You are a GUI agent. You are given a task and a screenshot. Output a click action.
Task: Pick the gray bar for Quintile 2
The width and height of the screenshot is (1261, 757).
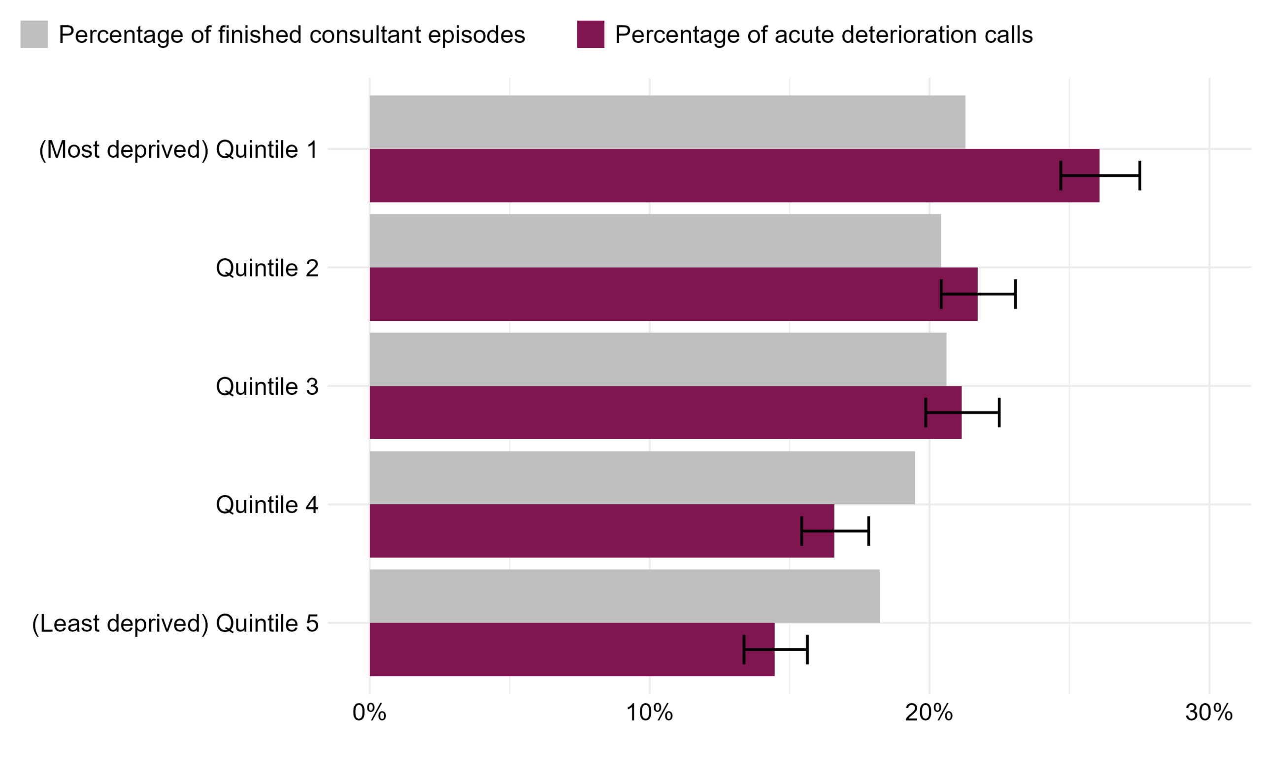pyautogui.click(x=655, y=241)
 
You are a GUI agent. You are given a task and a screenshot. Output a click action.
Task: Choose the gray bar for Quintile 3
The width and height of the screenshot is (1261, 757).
pyautogui.click(x=658, y=359)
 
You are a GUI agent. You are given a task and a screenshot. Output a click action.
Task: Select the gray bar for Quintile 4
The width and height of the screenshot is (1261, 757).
pyautogui.click(x=642, y=478)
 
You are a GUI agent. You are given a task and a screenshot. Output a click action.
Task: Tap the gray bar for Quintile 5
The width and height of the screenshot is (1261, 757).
pyautogui.click(x=625, y=596)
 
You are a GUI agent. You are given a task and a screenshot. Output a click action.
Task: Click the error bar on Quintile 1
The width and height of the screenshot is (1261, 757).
pyautogui.click(x=1100, y=175)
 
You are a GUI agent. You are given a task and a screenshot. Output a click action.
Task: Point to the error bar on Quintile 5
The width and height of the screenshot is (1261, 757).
pyautogui.click(x=775, y=650)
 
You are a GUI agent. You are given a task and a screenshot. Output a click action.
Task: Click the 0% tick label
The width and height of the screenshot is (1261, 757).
pyautogui.click(x=369, y=713)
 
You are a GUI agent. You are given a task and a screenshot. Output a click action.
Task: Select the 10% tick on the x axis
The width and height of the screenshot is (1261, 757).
pyautogui.click(x=649, y=713)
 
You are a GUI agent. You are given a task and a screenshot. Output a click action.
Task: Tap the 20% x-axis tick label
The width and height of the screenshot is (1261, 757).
pyautogui.click(x=929, y=713)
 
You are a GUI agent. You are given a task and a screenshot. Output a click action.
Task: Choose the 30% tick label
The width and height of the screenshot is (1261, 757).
pyautogui.click(x=1208, y=713)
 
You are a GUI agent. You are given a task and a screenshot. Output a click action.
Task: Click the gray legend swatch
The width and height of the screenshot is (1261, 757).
pyautogui.click(x=34, y=34)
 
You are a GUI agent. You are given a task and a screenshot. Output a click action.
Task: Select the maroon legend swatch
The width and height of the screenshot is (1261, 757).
pyautogui.click(x=590, y=34)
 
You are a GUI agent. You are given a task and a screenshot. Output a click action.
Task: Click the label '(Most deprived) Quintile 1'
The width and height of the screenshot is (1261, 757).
pyautogui.click(x=178, y=149)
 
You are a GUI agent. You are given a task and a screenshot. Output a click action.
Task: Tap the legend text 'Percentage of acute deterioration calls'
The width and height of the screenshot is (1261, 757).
pyautogui.click(x=824, y=34)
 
